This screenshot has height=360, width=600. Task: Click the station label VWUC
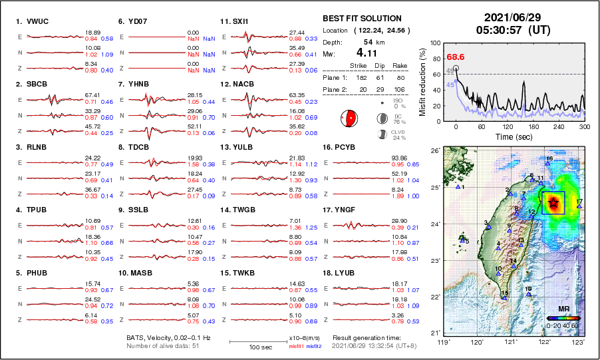(x=38, y=22)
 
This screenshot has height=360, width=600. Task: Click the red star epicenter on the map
(x=553, y=203)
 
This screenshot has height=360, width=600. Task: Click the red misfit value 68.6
(x=456, y=58)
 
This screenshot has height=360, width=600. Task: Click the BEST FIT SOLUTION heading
(x=362, y=19)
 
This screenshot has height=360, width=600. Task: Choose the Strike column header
(x=359, y=66)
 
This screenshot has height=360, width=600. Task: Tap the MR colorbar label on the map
(x=563, y=309)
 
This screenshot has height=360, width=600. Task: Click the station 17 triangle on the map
(x=579, y=206)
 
